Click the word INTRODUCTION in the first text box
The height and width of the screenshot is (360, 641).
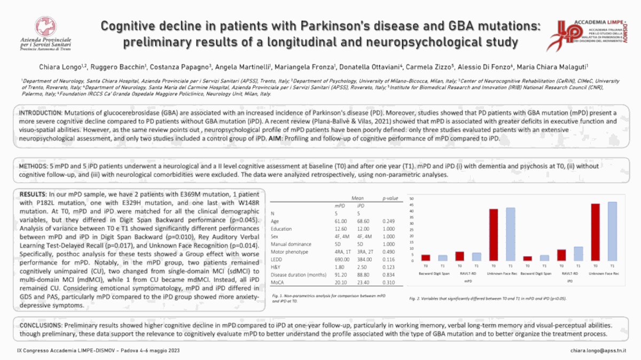click(x=41, y=114)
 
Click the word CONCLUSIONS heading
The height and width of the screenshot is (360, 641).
click(x=41, y=325)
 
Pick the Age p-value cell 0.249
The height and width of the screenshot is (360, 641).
click(x=389, y=221)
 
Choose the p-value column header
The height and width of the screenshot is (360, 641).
click(x=390, y=198)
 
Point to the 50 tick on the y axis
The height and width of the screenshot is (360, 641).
click(x=412, y=198)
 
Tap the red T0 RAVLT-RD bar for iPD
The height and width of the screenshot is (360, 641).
click(x=561, y=255)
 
